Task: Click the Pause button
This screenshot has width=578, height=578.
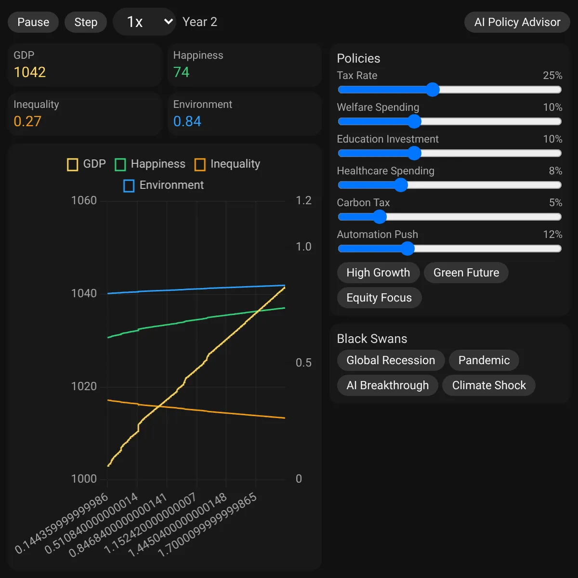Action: [33, 22]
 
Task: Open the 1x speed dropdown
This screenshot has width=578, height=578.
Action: [144, 22]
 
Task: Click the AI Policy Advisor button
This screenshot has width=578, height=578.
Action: [517, 22]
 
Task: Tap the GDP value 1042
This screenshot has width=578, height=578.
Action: [30, 72]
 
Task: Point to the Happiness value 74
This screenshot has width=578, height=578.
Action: [181, 72]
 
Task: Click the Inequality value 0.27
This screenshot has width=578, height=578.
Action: [27, 121]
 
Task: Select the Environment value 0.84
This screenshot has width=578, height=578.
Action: [187, 121]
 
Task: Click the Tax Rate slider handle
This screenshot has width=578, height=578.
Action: [433, 90]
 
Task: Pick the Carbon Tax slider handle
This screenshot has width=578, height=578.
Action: [380, 217]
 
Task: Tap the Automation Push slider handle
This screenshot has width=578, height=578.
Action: [407, 249]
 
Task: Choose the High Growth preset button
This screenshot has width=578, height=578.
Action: [378, 273]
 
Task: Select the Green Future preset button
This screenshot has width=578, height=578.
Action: [466, 273]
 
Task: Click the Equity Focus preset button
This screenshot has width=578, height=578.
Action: [379, 298]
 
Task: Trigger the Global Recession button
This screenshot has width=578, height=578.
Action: [391, 360]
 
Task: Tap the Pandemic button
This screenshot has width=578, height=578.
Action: [484, 360]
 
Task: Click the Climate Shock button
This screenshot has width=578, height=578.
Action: [488, 385]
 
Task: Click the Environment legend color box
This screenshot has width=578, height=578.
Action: [129, 185]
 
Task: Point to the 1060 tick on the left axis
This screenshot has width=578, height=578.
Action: [84, 200]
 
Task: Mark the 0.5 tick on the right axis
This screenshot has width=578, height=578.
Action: [303, 363]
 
